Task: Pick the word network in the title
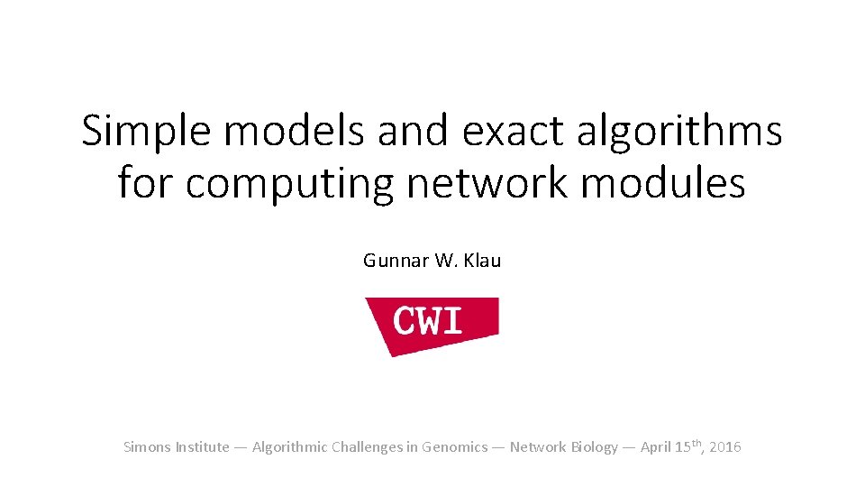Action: pyautogui.click(x=487, y=183)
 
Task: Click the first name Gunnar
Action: pyautogui.click(x=391, y=261)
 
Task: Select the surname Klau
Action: pyautogui.click(x=483, y=261)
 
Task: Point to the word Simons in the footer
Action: pyautogui.click(x=146, y=447)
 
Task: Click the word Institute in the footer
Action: pyautogui.click(x=202, y=447)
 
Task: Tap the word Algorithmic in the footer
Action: pyautogui.click(x=290, y=447)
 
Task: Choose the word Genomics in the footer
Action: pyautogui.click(x=459, y=447)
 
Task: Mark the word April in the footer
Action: pyautogui.click(x=656, y=447)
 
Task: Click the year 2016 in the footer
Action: pyautogui.click(x=725, y=447)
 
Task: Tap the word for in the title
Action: pyautogui.click(x=146, y=183)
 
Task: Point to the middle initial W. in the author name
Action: pyautogui.click(x=446, y=261)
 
